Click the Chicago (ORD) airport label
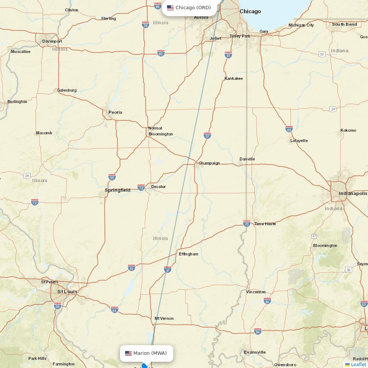(x=189, y=8)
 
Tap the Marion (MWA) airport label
(x=146, y=353)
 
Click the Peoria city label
(x=115, y=112)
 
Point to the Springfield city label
(x=117, y=190)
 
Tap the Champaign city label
(x=209, y=163)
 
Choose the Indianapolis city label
(x=353, y=193)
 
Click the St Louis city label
(x=67, y=291)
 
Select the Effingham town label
(x=188, y=254)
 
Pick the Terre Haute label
(x=265, y=224)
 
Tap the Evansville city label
(x=255, y=352)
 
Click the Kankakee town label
(x=234, y=78)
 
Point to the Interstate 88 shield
(x=158, y=6)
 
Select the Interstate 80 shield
(x=161, y=53)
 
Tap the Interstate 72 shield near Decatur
(x=141, y=188)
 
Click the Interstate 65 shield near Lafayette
(x=289, y=129)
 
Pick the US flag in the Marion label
(x=128, y=353)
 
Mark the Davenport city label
(x=52, y=41)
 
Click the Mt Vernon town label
(x=164, y=318)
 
